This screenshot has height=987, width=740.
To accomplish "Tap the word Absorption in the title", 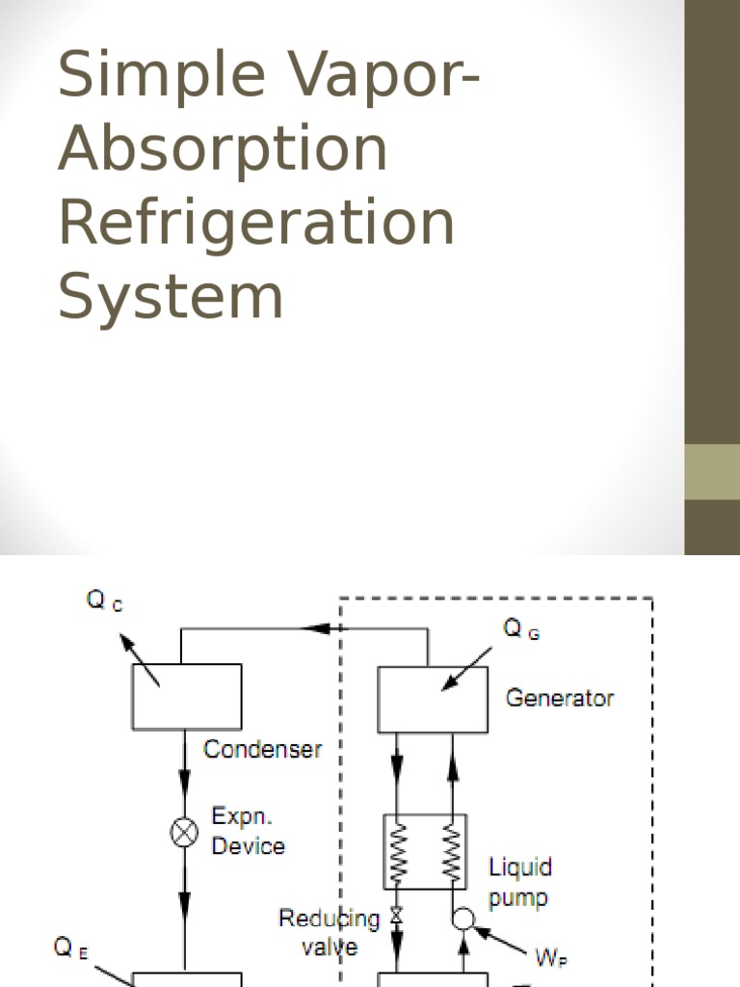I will click(x=223, y=150).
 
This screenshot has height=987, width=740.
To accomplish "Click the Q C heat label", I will click(x=104, y=601).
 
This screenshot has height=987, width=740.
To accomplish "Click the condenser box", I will click(x=186, y=696).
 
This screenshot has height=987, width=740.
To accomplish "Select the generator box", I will click(x=434, y=699).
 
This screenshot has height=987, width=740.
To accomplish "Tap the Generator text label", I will click(x=560, y=698).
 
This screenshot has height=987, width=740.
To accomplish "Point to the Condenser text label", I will click(x=263, y=750).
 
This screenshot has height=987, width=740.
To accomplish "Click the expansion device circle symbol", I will click(x=184, y=831).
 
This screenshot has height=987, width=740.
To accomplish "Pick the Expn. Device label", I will click(x=248, y=831).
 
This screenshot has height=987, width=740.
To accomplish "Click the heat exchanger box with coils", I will click(x=425, y=851).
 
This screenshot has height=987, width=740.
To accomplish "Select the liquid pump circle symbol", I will click(x=463, y=919).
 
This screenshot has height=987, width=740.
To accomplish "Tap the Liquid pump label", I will click(x=519, y=882).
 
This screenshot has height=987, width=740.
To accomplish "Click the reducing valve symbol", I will click(x=395, y=916).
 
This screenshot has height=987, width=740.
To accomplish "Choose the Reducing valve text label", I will click(x=330, y=932).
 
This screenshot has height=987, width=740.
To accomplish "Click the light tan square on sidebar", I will click(x=712, y=471).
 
